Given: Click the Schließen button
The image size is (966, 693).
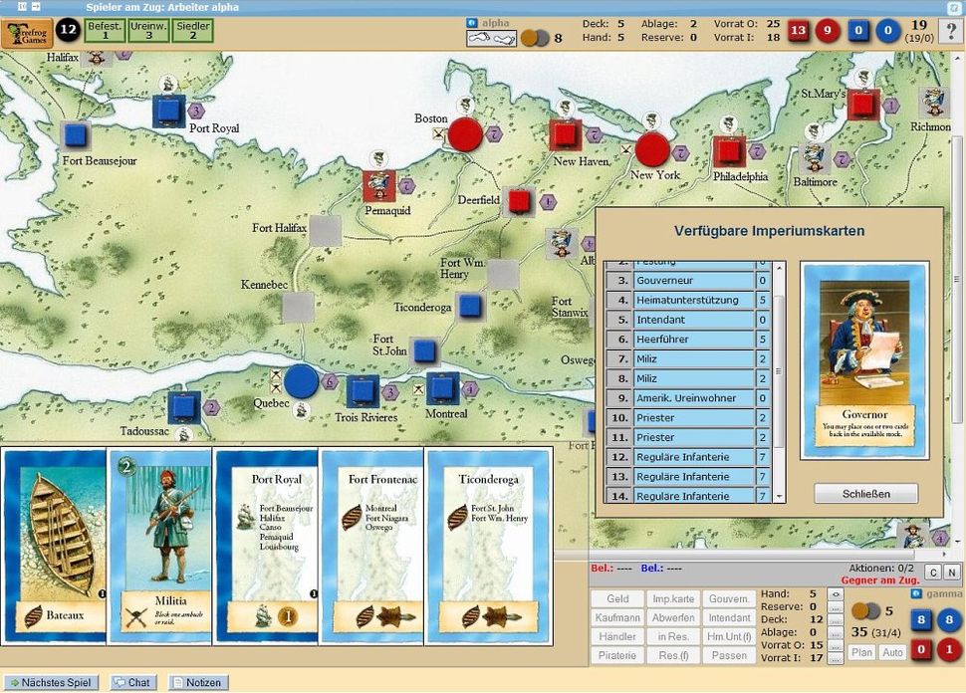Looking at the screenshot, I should (865, 493).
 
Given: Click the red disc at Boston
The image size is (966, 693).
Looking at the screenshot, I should (464, 134).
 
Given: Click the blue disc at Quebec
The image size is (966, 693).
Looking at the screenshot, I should (301, 381).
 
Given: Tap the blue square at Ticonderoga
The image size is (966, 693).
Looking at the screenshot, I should (470, 306).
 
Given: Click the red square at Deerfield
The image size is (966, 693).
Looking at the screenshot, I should (519, 201).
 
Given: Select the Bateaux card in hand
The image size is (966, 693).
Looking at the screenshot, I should (54, 543).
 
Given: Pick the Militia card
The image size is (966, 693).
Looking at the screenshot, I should (160, 543).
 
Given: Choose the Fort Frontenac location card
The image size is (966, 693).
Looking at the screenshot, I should (371, 543).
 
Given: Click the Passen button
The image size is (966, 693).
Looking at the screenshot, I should (729, 655).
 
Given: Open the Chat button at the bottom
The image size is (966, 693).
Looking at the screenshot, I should (132, 683).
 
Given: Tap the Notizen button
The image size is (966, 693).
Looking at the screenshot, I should (196, 683).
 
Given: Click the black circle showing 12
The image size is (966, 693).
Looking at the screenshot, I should (68, 30).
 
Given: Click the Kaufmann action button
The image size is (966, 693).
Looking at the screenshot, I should (617, 617).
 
